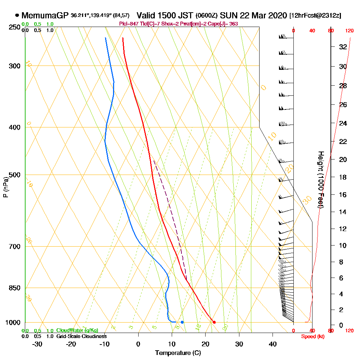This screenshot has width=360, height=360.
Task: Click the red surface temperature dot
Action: pyautogui.click(x=214, y=322)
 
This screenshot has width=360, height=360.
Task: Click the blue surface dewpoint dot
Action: pyautogui.click(x=182, y=322)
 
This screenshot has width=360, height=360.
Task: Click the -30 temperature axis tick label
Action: pyautogui.click(x=37, y=344)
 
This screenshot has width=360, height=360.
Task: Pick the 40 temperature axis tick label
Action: pyautogui.click(x=273, y=344)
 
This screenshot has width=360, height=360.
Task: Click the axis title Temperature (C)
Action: pyautogui.click(x=178, y=353)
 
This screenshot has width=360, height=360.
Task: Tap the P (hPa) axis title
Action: pyautogui.click(x=5, y=187)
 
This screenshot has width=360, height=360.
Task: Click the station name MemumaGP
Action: pyautogui.click(x=45, y=15)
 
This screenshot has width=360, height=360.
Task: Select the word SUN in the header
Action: pyautogui.click(x=228, y=15)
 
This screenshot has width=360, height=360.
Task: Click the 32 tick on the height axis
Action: pyautogui.click(x=343, y=47)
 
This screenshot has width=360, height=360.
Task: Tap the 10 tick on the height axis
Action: pyautogui.click(x=343, y=246)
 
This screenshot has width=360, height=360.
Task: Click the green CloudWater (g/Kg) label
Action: pyautogui.click(x=77, y=330)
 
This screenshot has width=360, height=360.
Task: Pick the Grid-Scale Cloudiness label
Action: pyautogui.click(x=81, y=336)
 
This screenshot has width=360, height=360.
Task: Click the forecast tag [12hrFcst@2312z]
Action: pyautogui.click(x=315, y=16)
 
